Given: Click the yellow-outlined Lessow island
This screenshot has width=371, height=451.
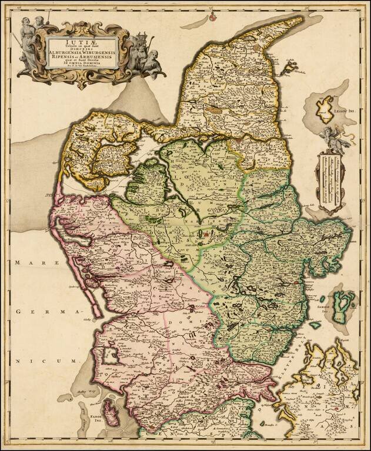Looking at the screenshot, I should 325,109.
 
